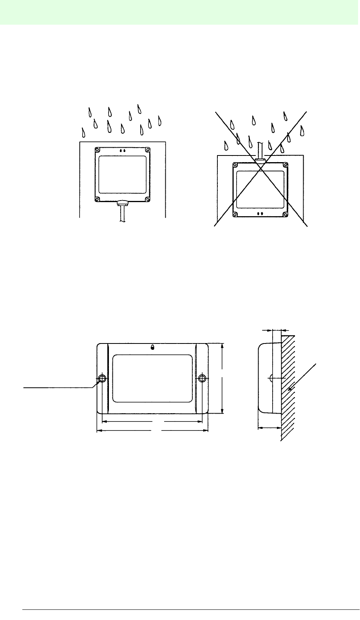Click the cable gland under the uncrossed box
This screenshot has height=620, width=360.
123,203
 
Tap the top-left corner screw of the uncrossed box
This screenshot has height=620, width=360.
98,149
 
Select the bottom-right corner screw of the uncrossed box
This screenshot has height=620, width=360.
147,199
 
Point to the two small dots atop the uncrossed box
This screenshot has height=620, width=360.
123,150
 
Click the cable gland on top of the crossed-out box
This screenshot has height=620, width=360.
260,160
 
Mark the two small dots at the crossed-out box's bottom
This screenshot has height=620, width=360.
260,214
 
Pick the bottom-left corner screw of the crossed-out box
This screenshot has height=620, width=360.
235,214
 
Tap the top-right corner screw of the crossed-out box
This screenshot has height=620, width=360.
285,165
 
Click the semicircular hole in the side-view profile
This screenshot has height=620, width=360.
270,378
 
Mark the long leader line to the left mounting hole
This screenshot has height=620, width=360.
59,387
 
